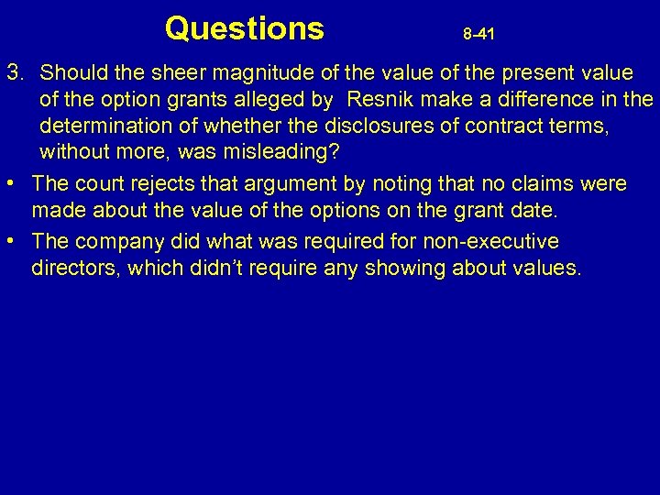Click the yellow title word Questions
click(x=244, y=28)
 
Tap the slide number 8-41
click(x=478, y=35)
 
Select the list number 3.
click(x=14, y=71)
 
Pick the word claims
click(x=532, y=184)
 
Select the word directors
click(x=71, y=268)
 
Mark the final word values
click(x=547, y=268)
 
